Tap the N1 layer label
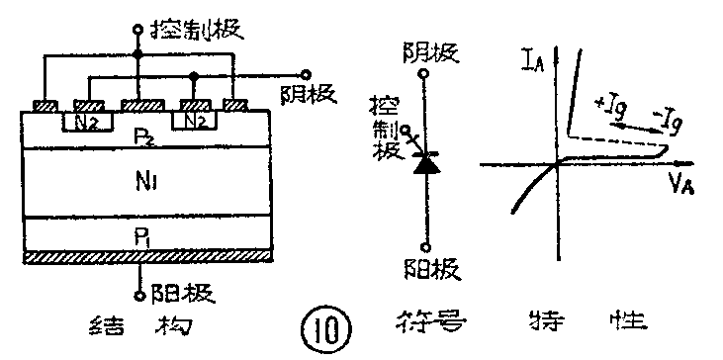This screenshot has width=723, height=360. click(143, 183)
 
